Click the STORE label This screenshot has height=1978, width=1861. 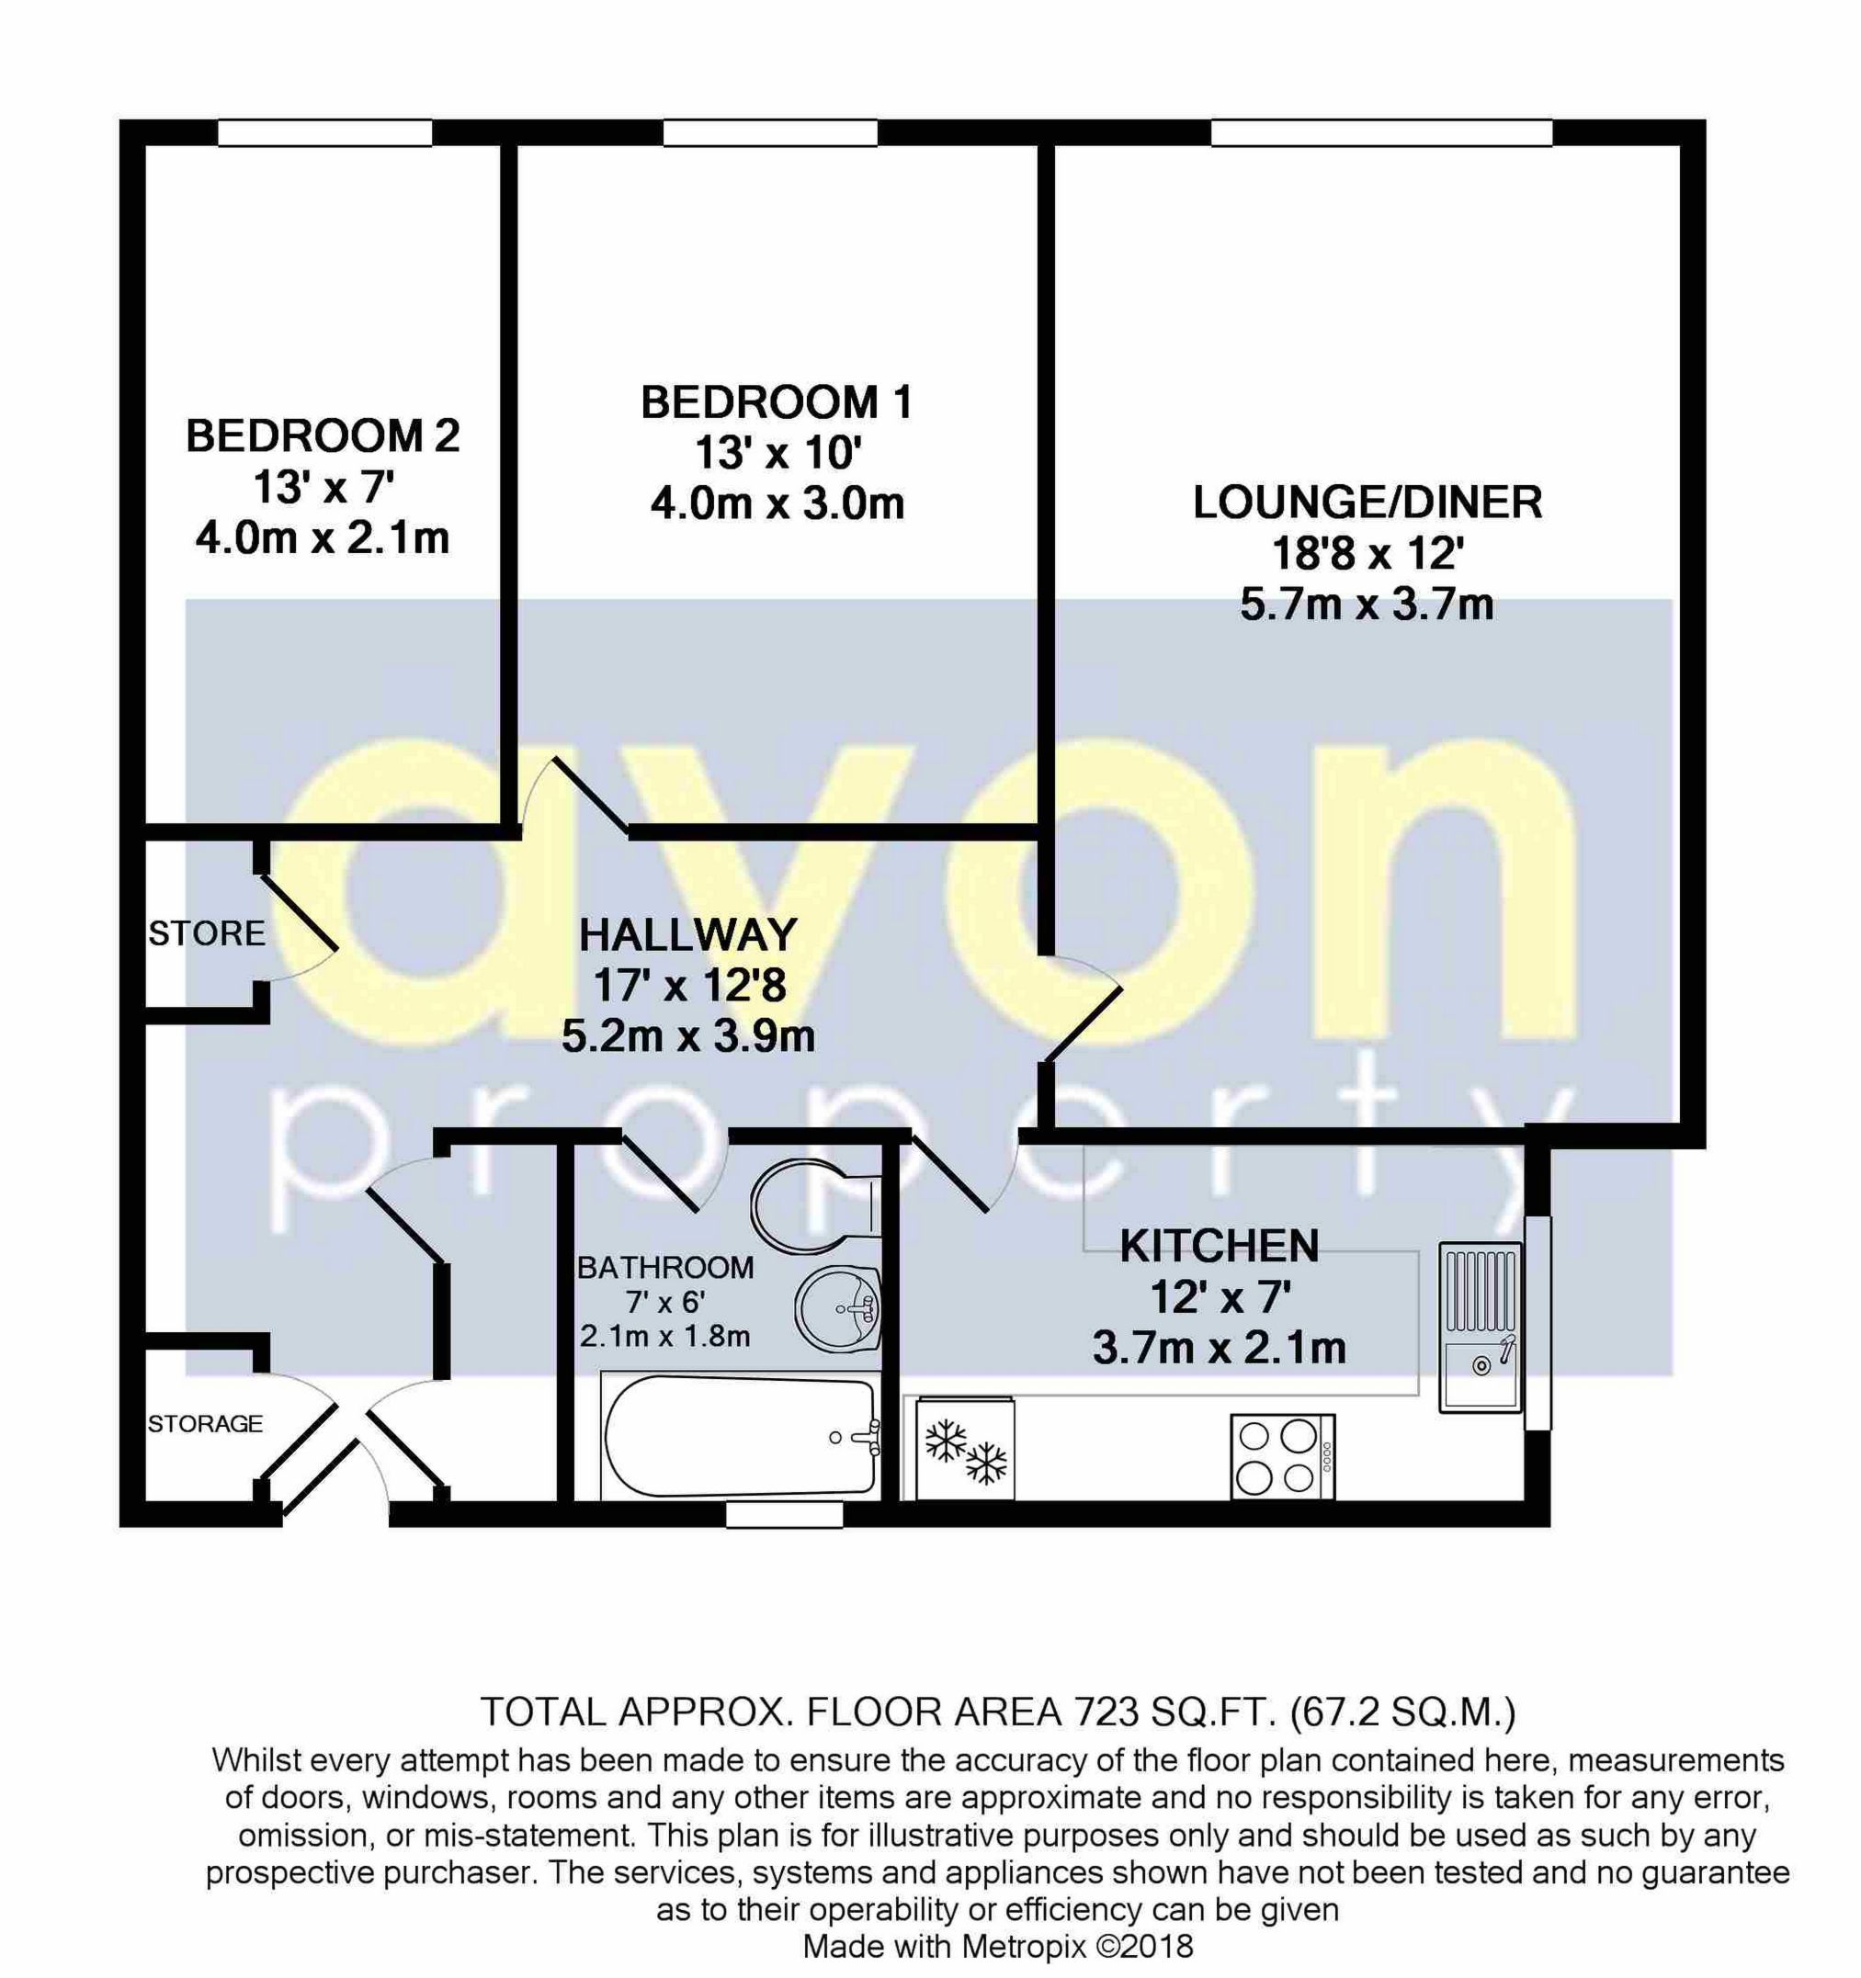(207, 933)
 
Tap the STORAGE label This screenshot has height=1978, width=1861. (205, 1424)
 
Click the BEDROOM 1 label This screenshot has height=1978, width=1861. (777, 403)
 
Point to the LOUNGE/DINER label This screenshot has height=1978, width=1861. (1367, 503)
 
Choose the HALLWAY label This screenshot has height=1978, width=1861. (688, 935)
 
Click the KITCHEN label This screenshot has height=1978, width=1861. (1220, 1247)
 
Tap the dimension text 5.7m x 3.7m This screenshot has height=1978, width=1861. (1367, 605)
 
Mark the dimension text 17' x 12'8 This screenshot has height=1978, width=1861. (689, 986)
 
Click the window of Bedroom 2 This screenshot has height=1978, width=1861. (324, 132)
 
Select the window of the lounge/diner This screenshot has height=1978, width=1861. (1381, 132)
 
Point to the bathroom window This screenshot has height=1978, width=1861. (784, 1514)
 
